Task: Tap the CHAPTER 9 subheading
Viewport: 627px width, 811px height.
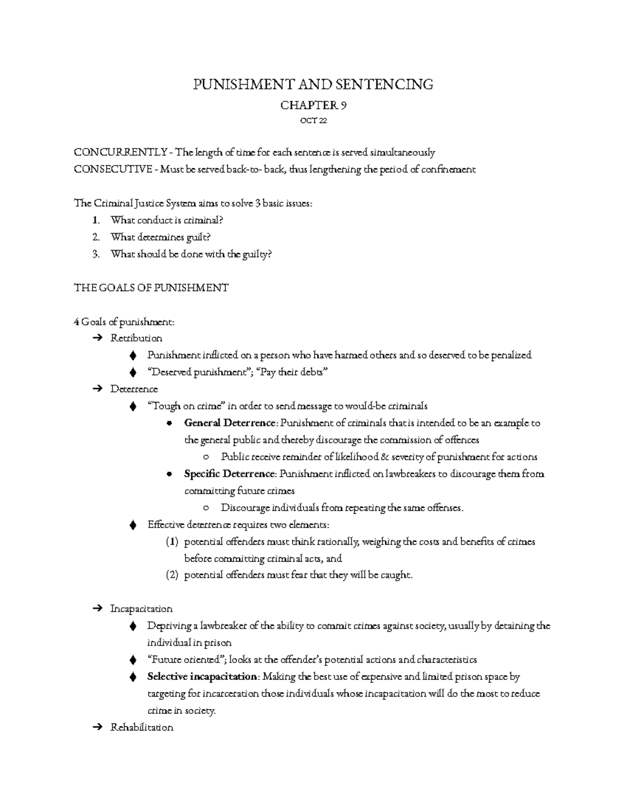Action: pos(313,105)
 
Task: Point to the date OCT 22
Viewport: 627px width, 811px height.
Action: pos(313,121)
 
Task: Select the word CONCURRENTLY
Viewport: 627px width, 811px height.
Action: pos(120,152)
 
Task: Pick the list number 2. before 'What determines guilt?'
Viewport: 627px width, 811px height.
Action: pos(96,237)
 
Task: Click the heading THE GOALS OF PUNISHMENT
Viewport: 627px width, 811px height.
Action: pos(152,288)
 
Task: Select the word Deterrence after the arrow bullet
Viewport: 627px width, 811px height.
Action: pos(134,389)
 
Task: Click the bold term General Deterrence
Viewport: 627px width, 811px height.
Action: pos(229,423)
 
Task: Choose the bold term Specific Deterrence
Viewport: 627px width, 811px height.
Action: pos(229,474)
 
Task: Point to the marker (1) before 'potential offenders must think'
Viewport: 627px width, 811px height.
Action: pos(172,542)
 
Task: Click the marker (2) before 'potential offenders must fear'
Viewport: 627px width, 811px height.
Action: pos(172,575)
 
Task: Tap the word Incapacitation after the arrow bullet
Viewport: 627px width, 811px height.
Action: pos(141,609)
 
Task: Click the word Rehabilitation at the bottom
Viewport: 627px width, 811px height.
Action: pos(142,727)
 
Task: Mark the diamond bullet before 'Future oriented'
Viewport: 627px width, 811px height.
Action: pos(133,660)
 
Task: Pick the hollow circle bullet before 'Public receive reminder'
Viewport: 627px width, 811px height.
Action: pos(207,457)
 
